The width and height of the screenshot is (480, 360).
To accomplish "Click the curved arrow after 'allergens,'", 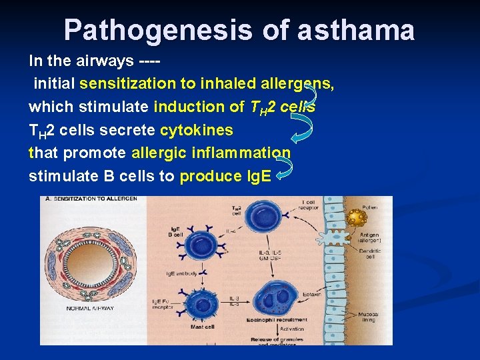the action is [309, 93].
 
